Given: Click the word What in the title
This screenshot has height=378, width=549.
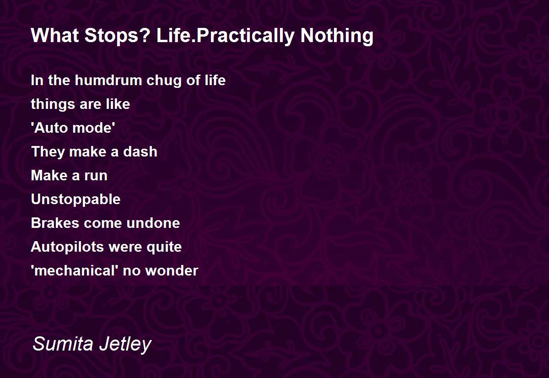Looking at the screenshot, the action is click(55, 35).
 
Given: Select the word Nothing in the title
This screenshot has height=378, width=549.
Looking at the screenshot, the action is click(337, 36).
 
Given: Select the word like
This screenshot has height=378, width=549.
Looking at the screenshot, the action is click(118, 104).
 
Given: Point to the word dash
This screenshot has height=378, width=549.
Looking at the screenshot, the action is click(140, 151).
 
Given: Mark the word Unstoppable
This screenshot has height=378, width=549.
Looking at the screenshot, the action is click(76, 200).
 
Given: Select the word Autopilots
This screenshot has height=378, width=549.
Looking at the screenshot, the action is click(67, 247).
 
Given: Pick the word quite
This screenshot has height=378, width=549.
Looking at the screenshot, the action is click(164, 247).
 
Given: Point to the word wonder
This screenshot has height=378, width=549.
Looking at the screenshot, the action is click(172, 271).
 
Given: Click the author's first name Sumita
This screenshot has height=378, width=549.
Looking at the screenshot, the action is click(63, 344).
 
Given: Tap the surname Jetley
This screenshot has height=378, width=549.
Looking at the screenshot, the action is click(125, 345).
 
